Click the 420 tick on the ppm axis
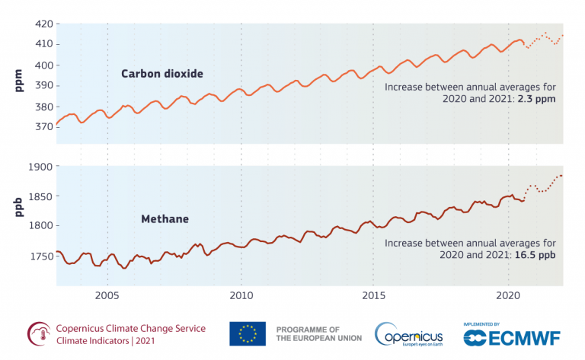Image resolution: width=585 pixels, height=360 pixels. (42, 24)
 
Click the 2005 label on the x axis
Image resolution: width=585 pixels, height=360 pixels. (107, 295)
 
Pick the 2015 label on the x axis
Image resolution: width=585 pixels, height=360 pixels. (373, 295)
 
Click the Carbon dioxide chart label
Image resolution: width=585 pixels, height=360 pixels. (162, 74)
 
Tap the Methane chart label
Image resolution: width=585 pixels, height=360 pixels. (165, 219)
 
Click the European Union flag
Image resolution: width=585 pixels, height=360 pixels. (248, 333)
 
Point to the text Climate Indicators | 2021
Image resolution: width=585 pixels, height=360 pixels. (106, 341)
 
